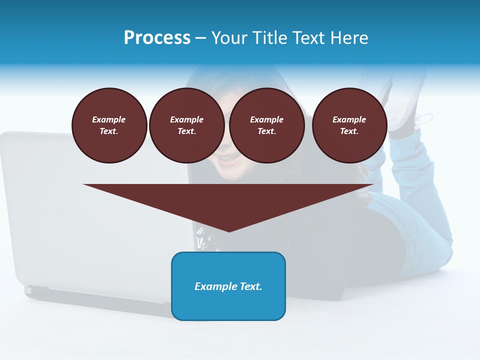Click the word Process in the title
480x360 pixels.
coord(157,38)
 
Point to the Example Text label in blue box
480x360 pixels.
coord(228,286)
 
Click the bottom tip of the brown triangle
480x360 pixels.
coord(229,231)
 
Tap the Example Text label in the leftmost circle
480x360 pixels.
coord(109,125)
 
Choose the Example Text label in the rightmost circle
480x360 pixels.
coord(349,125)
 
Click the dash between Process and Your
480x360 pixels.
coord(200,38)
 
